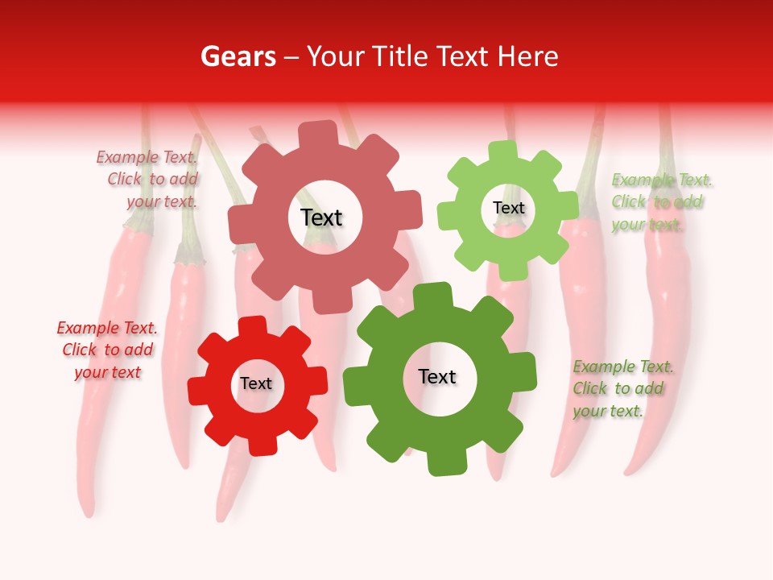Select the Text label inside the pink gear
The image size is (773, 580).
[x=321, y=217]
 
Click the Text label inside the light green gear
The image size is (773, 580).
[x=508, y=208]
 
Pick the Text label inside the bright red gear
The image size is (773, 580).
[x=256, y=383]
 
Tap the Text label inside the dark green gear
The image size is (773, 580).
[x=437, y=377]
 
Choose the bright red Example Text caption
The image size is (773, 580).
[x=107, y=350]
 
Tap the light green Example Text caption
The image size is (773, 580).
[x=660, y=202]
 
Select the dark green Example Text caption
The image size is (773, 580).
[x=622, y=389]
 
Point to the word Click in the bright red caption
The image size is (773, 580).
[x=80, y=350]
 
